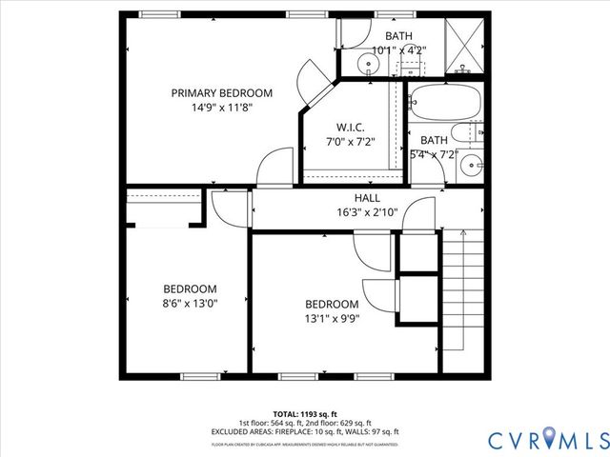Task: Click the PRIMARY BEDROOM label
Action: (222, 93)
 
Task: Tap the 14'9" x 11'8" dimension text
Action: (222, 108)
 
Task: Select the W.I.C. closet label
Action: (351, 128)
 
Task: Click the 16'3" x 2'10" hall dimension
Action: (367, 212)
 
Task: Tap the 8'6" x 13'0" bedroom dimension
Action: (190, 304)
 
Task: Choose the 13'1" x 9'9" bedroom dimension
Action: (332, 318)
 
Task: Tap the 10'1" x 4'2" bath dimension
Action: (398, 50)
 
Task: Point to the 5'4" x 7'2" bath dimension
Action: (434, 154)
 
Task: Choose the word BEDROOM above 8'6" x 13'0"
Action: (190, 289)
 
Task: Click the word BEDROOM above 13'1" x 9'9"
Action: (332, 304)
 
